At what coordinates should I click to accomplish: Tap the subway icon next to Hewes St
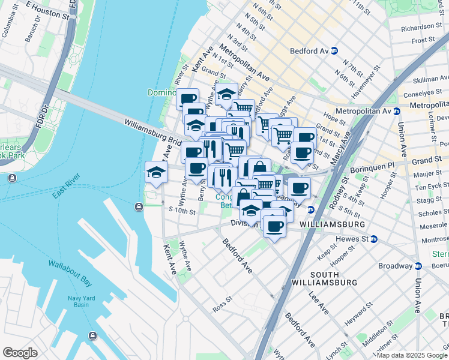pyautogui.click(x=373, y=238)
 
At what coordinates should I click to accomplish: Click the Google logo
pyautogui.click(x=20, y=353)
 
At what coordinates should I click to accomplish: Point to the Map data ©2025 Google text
pyautogui.click(x=411, y=355)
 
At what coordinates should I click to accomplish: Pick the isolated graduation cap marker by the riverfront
pyautogui.click(x=155, y=173)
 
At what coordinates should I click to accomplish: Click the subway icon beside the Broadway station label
pyautogui.click(x=418, y=266)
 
